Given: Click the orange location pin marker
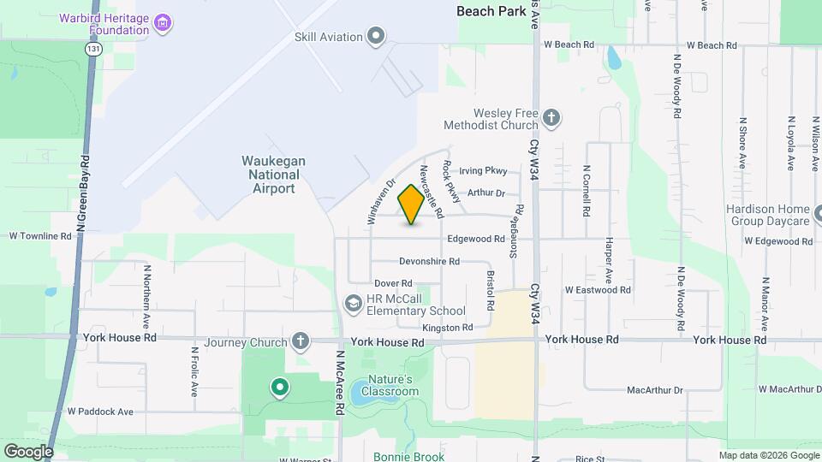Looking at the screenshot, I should click(x=411, y=204).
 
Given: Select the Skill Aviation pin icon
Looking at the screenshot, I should click(x=375, y=36).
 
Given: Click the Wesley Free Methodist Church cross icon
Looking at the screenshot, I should click(x=552, y=118).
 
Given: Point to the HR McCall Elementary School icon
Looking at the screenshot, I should click(x=352, y=304).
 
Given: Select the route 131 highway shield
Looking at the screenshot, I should click(x=92, y=50).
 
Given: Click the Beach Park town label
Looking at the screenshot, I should click(x=491, y=11).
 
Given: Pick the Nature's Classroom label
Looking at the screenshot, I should click(x=390, y=385).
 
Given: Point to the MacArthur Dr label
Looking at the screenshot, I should click(x=655, y=390).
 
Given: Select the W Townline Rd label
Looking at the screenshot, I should click(x=40, y=235).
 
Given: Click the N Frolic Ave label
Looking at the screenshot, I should click(x=194, y=371).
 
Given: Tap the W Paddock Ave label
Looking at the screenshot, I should click(x=101, y=412).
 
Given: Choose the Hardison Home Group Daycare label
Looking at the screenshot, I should click(x=767, y=215).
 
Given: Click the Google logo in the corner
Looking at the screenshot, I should click(x=28, y=451).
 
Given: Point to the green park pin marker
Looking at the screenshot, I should click(x=279, y=388).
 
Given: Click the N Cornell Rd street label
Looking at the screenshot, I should click(x=587, y=190).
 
